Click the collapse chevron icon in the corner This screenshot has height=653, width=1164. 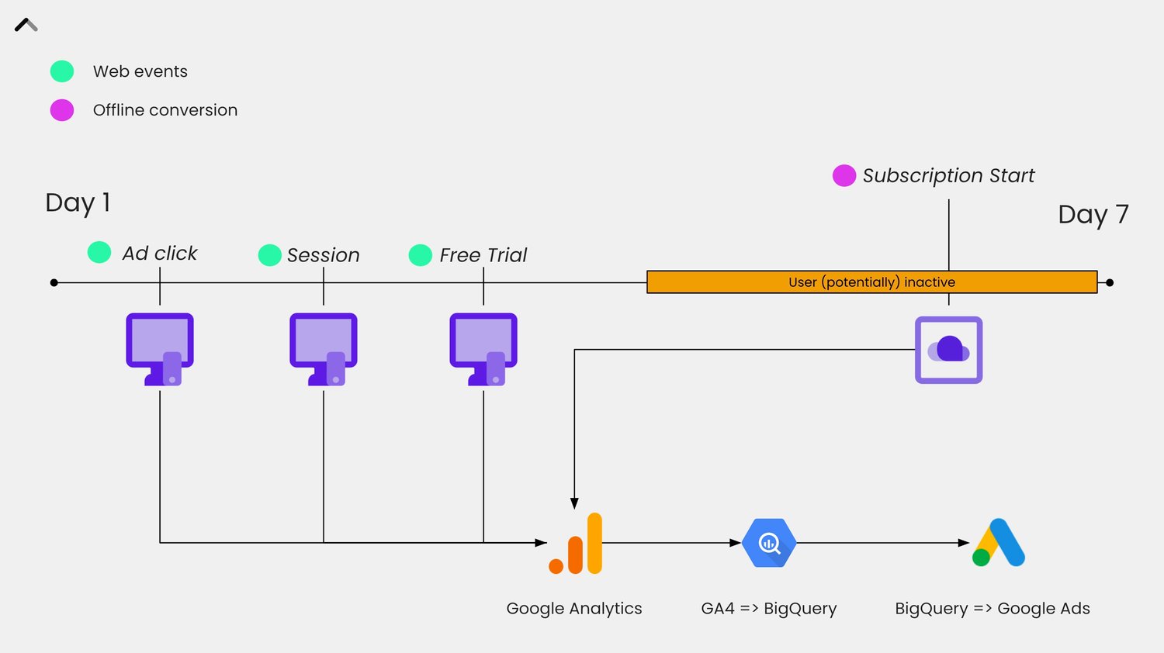[x=26, y=25]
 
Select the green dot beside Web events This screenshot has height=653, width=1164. [x=62, y=71]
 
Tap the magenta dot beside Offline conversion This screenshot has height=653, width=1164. [x=62, y=110]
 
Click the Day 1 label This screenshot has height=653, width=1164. [x=78, y=203]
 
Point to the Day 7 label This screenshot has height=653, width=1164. [x=1093, y=215]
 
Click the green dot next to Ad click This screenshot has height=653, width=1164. [x=99, y=252]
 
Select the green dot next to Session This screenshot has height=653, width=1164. [x=269, y=255]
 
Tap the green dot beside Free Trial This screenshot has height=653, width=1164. [x=420, y=255]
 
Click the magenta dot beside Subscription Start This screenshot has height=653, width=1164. [x=844, y=176]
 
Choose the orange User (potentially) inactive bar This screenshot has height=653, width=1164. [x=871, y=282]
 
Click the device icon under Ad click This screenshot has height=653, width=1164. [x=160, y=349]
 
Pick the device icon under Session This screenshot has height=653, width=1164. [x=324, y=349]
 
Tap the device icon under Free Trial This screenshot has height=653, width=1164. [x=483, y=349]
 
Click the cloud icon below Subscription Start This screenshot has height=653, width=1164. [x=948, y=350]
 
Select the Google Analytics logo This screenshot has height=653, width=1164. [x=576, y=544]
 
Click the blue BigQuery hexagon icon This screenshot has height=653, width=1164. [x=769, y=543]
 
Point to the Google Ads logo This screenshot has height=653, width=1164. [x=999, y=543]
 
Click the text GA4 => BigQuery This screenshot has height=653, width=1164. [x=768, y=609]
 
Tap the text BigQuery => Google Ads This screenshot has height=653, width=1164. [x=992, y=609]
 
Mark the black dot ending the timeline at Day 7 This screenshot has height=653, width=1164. [x=1110, y=282]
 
